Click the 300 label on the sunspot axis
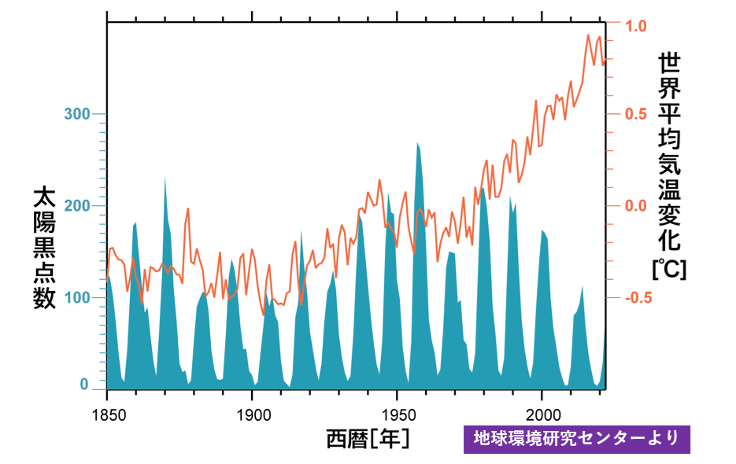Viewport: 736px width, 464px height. pyautogui.click(x=77, y=114)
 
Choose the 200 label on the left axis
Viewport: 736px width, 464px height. pyautogui.click(x=77, y=205)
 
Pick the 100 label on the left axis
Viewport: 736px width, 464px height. pyautogui.click(x=77, y=297)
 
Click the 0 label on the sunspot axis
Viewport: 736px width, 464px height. pyautogui.click(x=84, y=385)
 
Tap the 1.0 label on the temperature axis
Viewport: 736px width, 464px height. pyautogui.click(x=636, y=26)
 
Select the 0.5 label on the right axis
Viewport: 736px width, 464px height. pyautogui.click(x=636, y=114)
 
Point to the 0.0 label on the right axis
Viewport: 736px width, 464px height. pyautogui.click(x=636, y=205)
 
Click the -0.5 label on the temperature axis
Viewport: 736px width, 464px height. pyautogui.click(x=638, y=297)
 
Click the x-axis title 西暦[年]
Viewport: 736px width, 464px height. pyautogui.click(x=368, y=439)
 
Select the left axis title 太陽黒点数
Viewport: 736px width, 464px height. pyautogui.click(x=45, y=249)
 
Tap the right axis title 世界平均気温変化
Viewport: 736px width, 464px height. pyautogui.click(x=669, y=152)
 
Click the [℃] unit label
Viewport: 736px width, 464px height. pyautogui.click(x=669, y=269)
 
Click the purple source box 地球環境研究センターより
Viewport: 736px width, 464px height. pyautogui.click(x=577, y=439)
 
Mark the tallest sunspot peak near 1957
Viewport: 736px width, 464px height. pyautogui.click(x=417, y=143)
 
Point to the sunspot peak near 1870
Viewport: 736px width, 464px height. pyautogui.click(x=165, y=177)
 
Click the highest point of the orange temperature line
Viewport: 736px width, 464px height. pyautogui.click(x=588, y=35)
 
